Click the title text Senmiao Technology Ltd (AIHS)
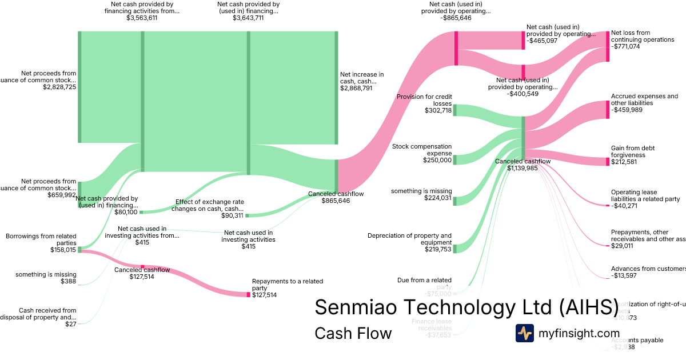point(466,307)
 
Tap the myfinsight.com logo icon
point(524,333)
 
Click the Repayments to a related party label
point(288,285)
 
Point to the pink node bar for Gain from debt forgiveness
point(608,162)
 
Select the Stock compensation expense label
point(422,150)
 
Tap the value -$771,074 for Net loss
point(625,46)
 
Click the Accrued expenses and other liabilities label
point(644,99)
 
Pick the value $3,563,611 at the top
point(142,18)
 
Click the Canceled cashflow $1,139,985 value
point(522,168)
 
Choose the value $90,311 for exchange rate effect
point(232,215)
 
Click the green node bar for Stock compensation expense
point(454,159)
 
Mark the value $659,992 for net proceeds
point(62,195)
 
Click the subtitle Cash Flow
point(353,334)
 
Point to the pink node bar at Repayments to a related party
point(249,294)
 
